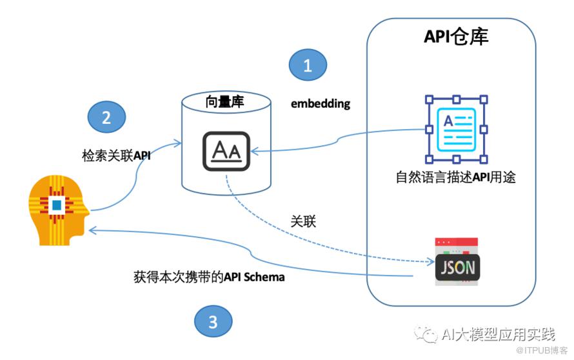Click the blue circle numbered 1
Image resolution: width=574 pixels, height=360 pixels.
pos(308,65)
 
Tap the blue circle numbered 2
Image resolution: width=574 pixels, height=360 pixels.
pos(106,117)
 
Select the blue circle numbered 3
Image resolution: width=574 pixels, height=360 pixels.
pos(213,321)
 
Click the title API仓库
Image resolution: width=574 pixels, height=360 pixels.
pos(456,37)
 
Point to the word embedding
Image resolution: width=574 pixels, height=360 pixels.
pos(321,104)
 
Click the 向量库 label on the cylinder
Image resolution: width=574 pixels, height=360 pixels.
pos(224,101)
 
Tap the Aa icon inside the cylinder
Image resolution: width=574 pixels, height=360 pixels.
pos(226,151)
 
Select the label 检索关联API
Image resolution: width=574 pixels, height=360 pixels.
pos(116,155)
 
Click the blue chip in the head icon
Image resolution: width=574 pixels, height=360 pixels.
pos(57,205)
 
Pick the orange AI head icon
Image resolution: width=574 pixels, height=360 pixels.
pos(59,210)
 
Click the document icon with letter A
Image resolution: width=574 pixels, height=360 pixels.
pos(456,129)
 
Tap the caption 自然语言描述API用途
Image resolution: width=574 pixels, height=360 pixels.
pos(456,177)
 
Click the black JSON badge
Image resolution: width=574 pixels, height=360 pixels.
pos(458,268)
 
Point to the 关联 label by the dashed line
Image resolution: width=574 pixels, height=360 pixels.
pos(303,221)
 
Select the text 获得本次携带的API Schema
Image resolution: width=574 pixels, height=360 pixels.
pos(209,277)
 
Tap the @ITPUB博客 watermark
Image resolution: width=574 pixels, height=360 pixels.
pos(541,350)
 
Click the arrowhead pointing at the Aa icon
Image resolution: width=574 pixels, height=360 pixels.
pos(254,151)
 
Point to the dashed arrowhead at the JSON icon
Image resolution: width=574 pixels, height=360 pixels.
pos(431,261)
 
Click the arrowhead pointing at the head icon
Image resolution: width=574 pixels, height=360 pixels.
pos(92,230)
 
